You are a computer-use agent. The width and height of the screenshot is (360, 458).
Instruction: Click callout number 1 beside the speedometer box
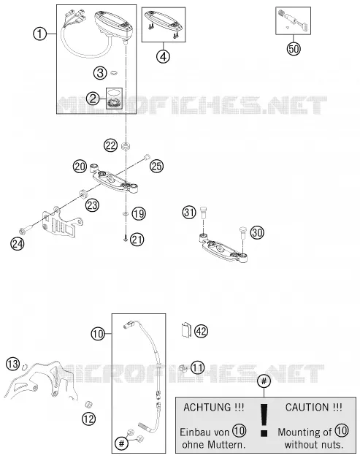click(x=39, y=34)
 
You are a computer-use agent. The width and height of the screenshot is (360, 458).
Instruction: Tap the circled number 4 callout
click(x=164, y=56)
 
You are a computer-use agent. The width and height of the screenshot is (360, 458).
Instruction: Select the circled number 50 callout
click(x=294, y=48)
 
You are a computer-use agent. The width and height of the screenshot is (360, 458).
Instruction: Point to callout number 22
click(x=111, y=145)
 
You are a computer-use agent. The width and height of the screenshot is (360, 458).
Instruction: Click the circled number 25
click(x=157, y=167)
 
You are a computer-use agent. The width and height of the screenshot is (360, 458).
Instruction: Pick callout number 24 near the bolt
click(x=18, y=243)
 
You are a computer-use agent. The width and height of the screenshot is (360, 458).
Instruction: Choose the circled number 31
click(x=189, y=212)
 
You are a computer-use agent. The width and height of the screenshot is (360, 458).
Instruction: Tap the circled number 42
click(x=201, y=331)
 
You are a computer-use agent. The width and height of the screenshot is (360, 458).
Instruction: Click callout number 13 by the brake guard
click(x=13, y=364)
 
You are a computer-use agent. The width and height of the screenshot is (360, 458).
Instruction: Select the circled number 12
click(x=89, y=419)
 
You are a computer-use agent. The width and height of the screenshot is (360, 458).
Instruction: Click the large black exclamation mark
click(x=264, y=420)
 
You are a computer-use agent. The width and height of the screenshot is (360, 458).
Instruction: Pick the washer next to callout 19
click(x=126, y=214)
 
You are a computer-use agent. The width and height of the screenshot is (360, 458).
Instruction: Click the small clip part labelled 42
click(x=185, y=329)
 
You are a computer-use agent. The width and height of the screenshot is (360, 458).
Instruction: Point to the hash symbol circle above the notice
click(x=264, y=381)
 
